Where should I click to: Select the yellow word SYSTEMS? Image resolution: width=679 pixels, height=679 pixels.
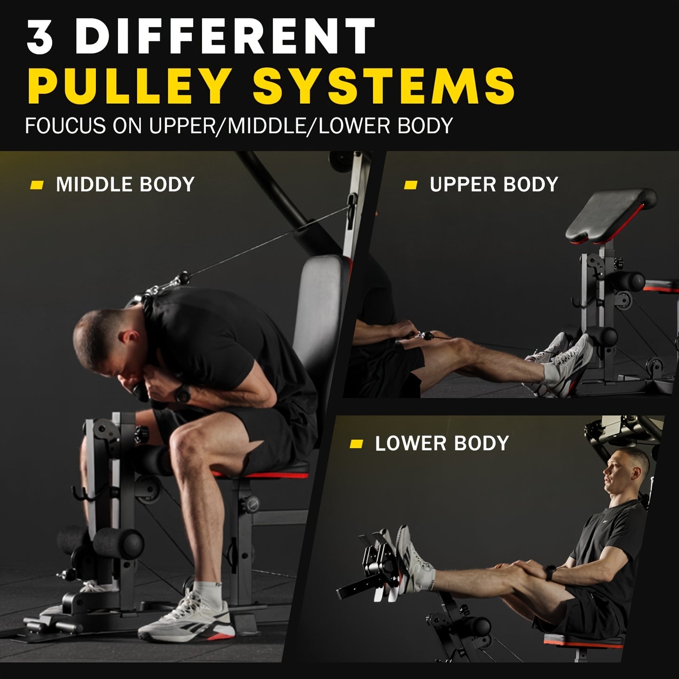click(x=384, y=86)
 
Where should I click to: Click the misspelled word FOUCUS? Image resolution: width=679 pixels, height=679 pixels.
click(x=65, y=126)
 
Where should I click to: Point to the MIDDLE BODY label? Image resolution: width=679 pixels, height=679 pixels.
click(x=125, y=184)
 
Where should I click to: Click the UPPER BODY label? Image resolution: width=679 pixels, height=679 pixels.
click(x=493, y=184)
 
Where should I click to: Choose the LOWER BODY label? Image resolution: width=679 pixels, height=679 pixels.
click(x=442, y=444)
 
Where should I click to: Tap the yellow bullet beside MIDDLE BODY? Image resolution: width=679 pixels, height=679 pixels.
click(x=37, y=185)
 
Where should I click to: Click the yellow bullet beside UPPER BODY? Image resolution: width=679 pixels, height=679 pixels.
click(x=411, y=185)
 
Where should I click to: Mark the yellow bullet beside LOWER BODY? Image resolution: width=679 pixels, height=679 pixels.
click(x=357, y=444)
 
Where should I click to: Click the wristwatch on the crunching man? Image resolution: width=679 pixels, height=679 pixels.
click(x=183, y=393)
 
